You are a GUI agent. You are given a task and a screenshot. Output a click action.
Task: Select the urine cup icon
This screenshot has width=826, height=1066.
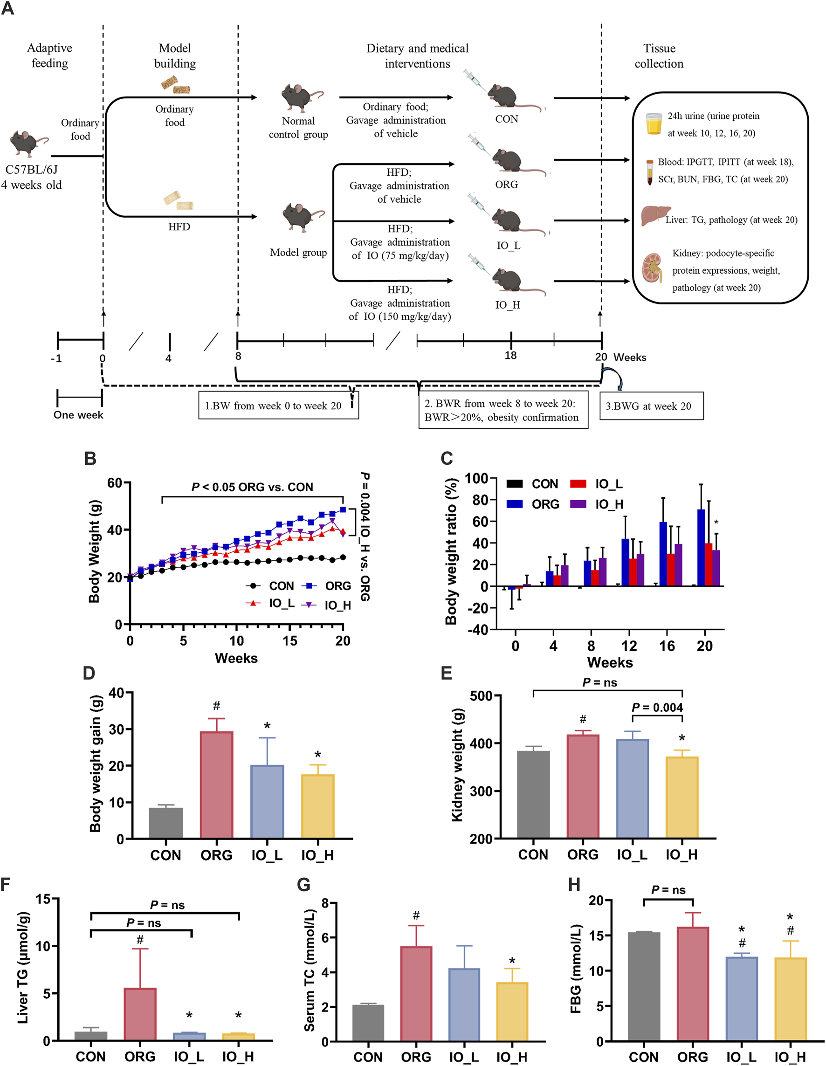click(x=653, y=124)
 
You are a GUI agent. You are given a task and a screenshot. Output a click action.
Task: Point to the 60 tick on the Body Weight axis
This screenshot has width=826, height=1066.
click(x=115, y=483)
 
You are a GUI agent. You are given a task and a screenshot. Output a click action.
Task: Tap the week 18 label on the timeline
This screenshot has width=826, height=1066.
click(x=510, y=355)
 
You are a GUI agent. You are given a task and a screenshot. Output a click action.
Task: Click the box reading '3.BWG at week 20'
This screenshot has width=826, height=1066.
click(x=651, y=406)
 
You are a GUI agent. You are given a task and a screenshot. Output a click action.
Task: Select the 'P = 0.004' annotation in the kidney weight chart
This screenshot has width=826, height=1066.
click(x=657, y=707)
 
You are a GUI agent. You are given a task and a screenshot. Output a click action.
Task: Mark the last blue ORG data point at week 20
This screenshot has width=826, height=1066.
click(x=343, y=509)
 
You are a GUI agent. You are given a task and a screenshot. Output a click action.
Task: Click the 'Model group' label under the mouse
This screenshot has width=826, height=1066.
click(x=298, y=252)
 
